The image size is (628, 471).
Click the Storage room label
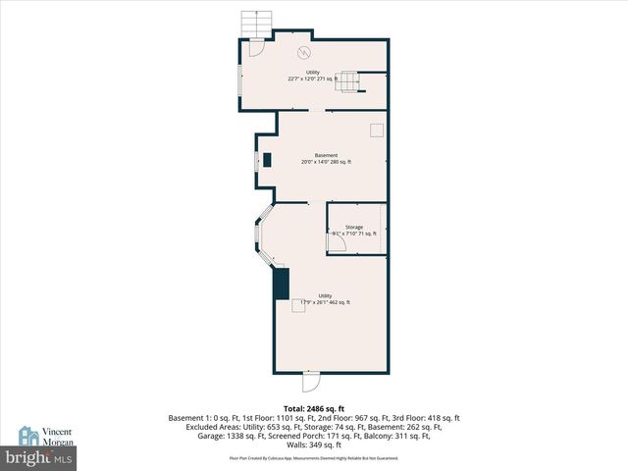click(353, 227)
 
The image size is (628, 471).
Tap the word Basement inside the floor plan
click(326, 155)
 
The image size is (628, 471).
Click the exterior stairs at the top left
click(256, 24)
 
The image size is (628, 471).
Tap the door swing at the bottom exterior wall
click(310, 381)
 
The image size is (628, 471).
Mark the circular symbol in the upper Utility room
click(304, 52)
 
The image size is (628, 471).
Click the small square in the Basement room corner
click(376, 130)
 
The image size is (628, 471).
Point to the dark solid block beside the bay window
click(282, 284)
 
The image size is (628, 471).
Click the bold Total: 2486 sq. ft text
click(313, 407)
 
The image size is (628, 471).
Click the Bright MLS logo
click(39, 457)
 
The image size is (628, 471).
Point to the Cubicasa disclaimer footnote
click(313, 457)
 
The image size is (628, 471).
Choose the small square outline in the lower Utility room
click(297, 305)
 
